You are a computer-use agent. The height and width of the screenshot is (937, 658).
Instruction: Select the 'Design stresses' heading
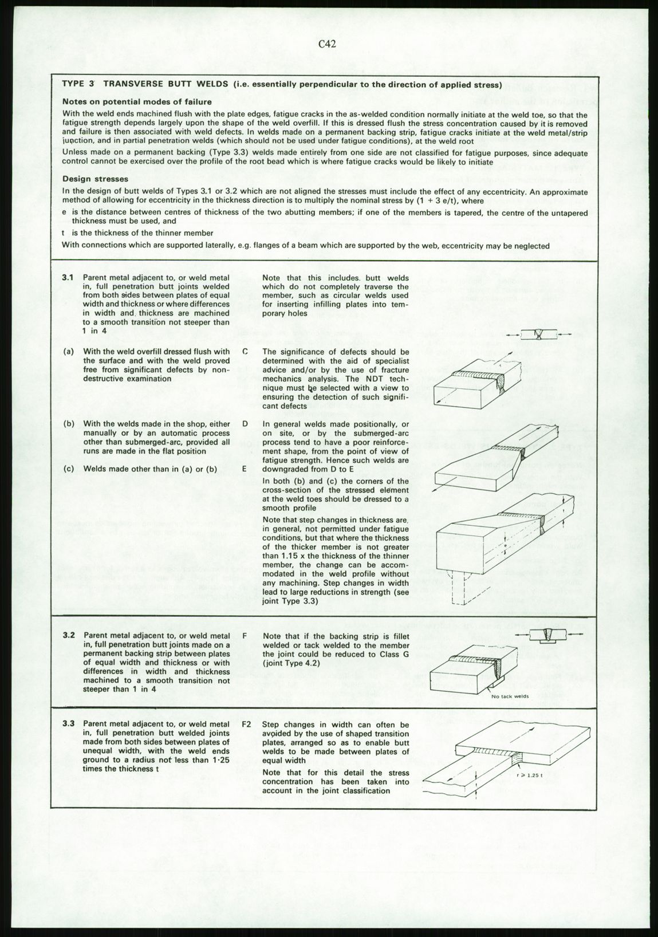95,179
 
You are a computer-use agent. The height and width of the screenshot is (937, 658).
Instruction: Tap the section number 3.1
68,278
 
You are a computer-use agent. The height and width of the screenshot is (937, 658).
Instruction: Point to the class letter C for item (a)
245,352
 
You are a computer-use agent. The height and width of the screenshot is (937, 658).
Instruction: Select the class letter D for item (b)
245,424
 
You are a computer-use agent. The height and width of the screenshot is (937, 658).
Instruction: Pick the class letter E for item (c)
245,468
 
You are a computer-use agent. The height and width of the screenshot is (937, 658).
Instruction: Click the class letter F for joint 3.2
245,636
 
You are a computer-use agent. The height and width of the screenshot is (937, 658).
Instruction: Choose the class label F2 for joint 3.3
247,724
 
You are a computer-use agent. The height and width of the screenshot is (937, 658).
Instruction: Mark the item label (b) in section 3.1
69,424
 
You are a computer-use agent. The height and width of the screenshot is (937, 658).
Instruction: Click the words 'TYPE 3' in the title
77,84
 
